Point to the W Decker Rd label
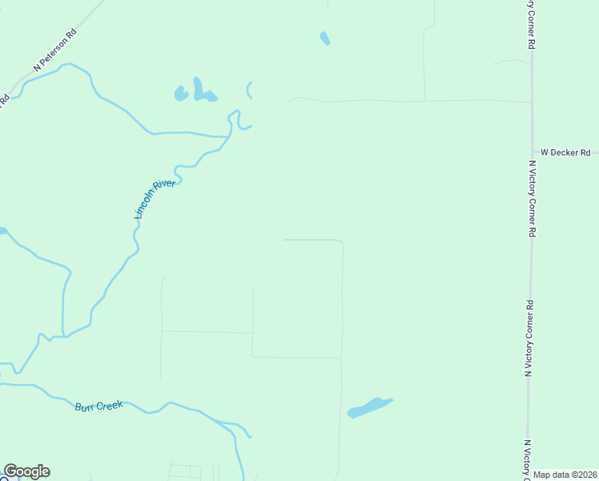click(x=565, y=152)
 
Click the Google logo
click(x=26, y=471)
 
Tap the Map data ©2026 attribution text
click(x=565, y=475)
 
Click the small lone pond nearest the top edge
click(x=324, y=38)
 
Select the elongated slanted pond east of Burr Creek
click(x=369, y=407)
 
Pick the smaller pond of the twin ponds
click(x=180, y=94)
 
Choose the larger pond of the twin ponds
click(x=202, y=91)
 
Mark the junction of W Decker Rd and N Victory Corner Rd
click(x=533, y=152)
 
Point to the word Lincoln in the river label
click(x=143, y=209)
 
